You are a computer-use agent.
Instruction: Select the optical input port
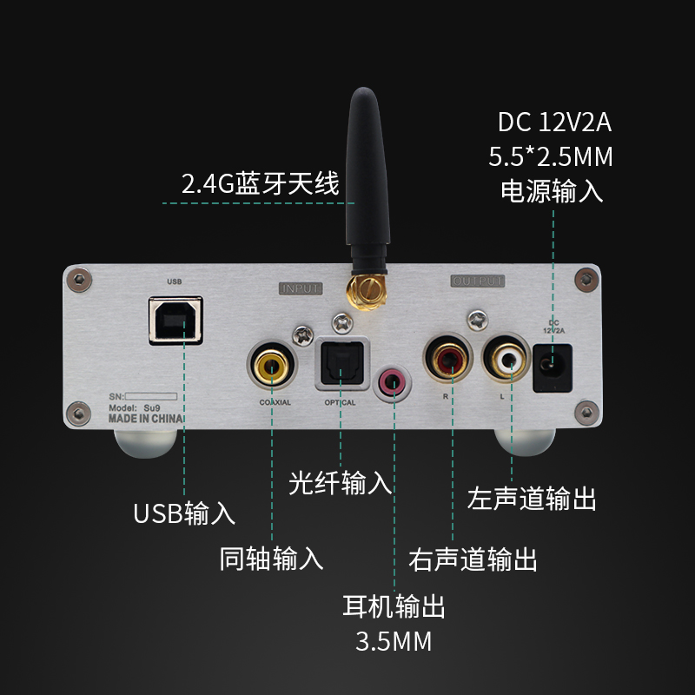(x=341, y=361)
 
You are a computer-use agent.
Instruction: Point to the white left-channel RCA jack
(x=508, y=358)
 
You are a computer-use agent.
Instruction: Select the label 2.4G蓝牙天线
(x=260, y=184)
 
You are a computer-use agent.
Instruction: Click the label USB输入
(x=184, y=513)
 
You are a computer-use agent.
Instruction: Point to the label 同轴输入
(x=272, y=558)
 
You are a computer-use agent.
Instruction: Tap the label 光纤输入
(x=341, y=483)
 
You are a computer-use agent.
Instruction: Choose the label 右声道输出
(x=473, y=559)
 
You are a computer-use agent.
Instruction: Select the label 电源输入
(x=552, y=191)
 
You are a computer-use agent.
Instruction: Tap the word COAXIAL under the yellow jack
(x=275, y=403)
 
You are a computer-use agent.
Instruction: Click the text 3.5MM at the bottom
(x=394, y=643)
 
